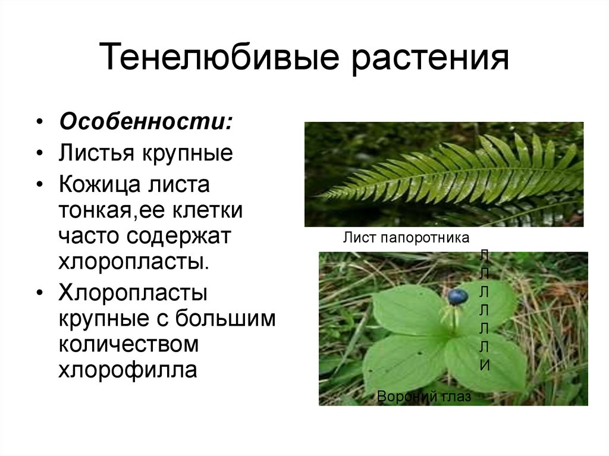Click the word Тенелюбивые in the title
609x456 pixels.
click(x=219, y=57)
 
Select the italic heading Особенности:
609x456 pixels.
click(x=146, y=121)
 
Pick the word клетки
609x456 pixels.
click(x=208, y=210)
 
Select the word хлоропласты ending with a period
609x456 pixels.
click(x=134, y=262)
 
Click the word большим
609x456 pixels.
click(x=225, y=319)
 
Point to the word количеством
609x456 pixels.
click(x=128, y=344)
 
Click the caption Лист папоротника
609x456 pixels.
click(x=406, y=238)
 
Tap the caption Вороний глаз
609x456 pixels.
click(x=423, y=397)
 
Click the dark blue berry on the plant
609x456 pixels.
click(x=457, y=296)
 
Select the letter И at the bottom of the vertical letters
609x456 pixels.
click(x=484, y=365)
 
